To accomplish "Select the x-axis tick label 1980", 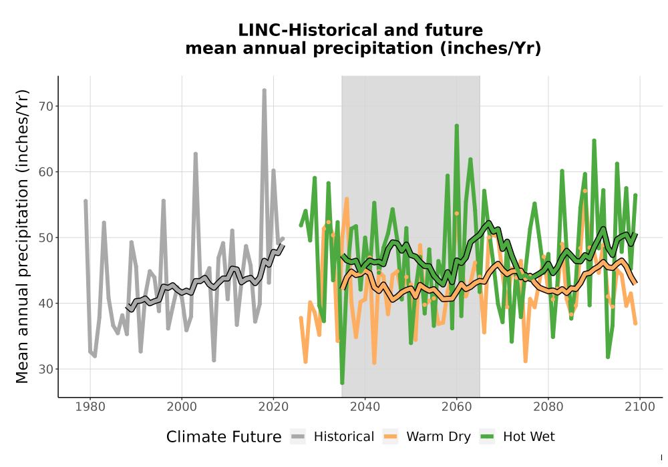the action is (90, 407).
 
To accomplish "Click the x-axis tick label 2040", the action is (365, 407).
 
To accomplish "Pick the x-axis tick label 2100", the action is (640, 407).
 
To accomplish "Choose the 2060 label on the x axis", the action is (456, 407).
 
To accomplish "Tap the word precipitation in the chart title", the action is (373, 49).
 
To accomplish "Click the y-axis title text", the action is (22, 236).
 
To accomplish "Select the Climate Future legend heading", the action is (224, 437).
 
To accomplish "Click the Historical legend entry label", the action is (344, 437).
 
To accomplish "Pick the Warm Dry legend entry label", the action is (438, 437).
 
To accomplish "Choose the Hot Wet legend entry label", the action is (528, 437).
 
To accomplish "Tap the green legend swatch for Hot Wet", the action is (487, 437).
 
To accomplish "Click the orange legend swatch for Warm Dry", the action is (390, 437).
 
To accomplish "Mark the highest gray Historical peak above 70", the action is (264, 91).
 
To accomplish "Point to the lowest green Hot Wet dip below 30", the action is (342, 383).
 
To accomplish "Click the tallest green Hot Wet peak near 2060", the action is (457, 126).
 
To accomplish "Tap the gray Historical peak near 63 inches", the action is (196, 154).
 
